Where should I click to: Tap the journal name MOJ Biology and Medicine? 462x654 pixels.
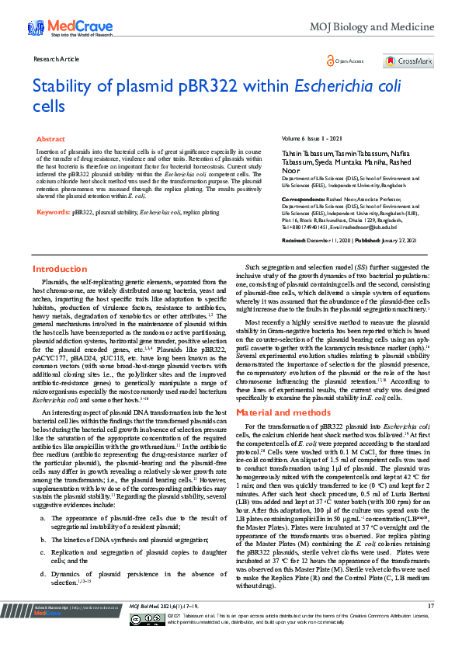point(372,28)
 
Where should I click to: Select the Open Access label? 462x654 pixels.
point(349,61)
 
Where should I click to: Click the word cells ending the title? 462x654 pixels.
point(48,106)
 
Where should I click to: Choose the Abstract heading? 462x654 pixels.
point(51,138)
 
